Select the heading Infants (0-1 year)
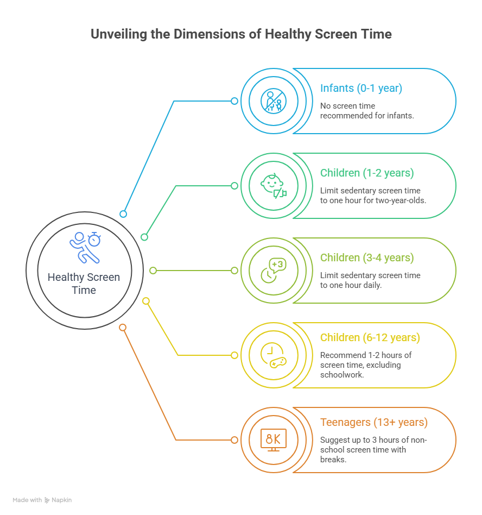[361, 89]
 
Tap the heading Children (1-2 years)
[367, 173]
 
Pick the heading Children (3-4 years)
[367, 257]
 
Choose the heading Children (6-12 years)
[370, 338]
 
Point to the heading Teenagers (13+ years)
[374, 422]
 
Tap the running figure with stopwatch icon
[85, 247]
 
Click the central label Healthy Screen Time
[84, 284]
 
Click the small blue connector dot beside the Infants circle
[234, 101]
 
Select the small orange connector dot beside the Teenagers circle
[234, 439]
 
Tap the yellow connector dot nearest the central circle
[145, 300]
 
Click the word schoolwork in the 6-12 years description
[342, 375]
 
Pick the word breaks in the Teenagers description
[332, 459]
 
